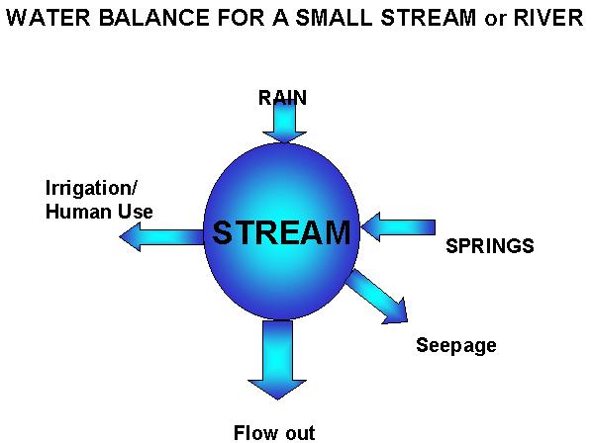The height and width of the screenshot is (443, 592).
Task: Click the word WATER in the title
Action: point(49,18)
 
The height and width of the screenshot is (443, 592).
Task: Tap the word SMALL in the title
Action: point(334,18)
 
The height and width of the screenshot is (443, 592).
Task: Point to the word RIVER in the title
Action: point(548,18)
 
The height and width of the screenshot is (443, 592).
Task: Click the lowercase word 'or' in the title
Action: point(495,20)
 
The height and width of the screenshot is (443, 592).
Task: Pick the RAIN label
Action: point(282,98)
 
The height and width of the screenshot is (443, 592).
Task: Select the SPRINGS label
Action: point(490,246)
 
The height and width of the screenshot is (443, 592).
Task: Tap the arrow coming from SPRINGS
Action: point(398,227)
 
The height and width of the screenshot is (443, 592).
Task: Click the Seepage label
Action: point(456,346)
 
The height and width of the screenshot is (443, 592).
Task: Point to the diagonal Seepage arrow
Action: point(377,297)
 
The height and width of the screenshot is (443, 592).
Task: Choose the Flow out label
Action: point(274,432)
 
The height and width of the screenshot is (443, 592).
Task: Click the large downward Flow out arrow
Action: point(277,359)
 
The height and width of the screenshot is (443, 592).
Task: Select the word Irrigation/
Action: point(91,188)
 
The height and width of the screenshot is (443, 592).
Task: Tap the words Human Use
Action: point(99,212)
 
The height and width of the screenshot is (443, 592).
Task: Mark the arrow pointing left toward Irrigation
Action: point(161,236)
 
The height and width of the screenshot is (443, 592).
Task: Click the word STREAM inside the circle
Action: point(281,232)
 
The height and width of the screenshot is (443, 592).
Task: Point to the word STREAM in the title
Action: point(428,18)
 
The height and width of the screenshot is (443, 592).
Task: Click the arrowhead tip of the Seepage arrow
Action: point(408,321)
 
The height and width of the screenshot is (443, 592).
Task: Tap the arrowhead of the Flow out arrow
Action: point(277,389)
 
